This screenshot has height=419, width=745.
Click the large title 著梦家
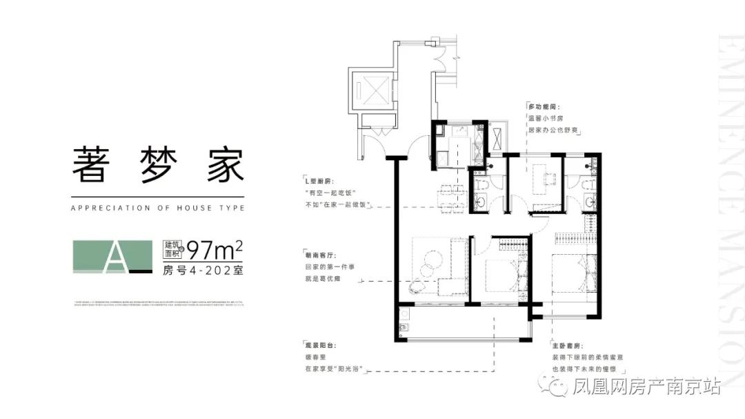pos(158,164)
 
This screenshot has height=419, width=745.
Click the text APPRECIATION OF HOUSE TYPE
pos(158,207)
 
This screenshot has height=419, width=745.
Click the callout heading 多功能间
pos(543,107)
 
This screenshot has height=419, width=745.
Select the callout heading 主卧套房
pos(567,343)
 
